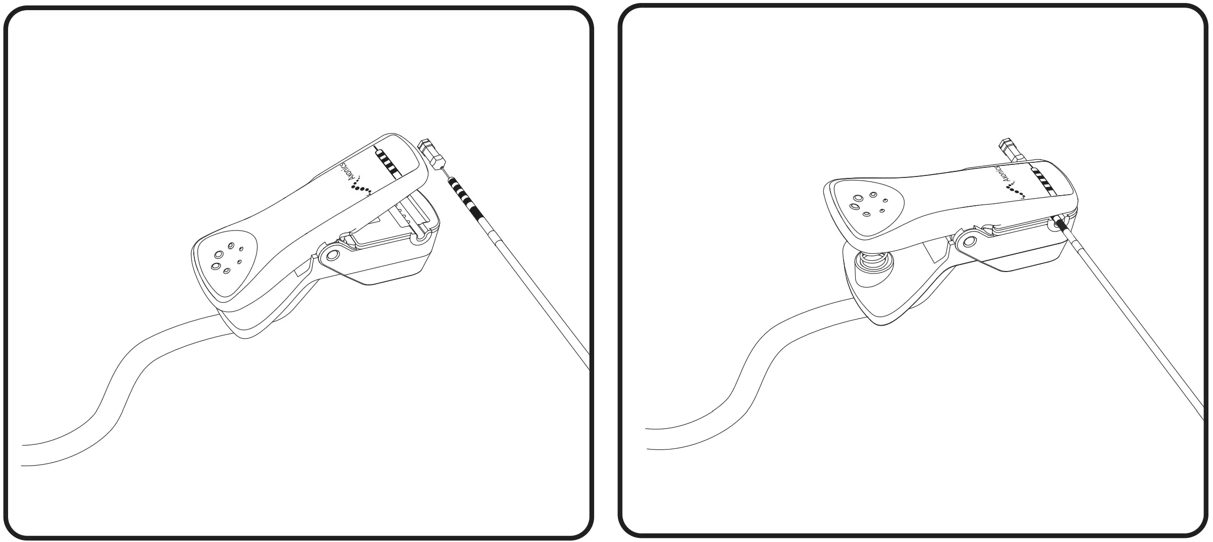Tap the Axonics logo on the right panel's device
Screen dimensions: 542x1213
click(x=999, y=183)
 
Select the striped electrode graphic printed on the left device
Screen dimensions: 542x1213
click(x=387, y=162)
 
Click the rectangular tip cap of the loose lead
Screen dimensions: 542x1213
click(x=430, y=152)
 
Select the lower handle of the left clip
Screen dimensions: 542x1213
click(x=263, y=319)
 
